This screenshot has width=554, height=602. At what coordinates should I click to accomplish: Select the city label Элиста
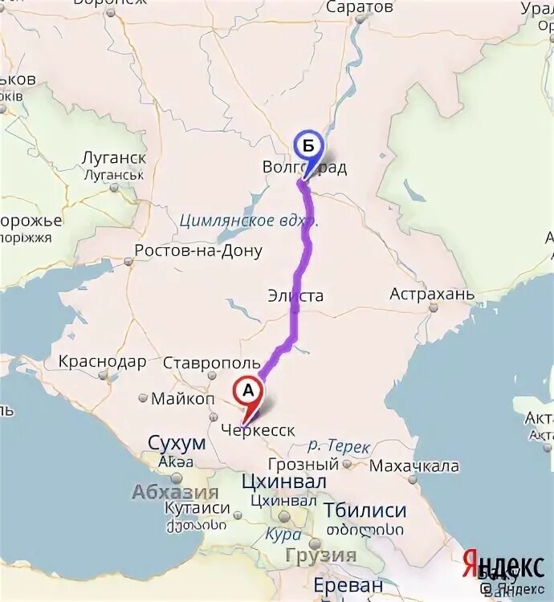295,296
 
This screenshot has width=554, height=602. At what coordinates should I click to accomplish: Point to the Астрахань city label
432,295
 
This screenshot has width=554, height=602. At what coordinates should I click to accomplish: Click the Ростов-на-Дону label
198,251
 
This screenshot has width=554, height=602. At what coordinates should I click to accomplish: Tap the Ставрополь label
212,364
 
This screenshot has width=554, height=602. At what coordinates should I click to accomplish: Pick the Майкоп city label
183,398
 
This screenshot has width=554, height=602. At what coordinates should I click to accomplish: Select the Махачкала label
413,466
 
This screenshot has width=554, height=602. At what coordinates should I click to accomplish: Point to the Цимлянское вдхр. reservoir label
249,220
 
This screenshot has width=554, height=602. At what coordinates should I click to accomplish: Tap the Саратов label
360,7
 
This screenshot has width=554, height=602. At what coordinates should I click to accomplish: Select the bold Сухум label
177,441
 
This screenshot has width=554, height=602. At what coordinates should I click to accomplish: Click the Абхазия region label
175,492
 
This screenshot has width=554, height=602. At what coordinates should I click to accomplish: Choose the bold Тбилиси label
365,510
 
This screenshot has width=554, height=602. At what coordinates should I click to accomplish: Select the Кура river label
284,535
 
